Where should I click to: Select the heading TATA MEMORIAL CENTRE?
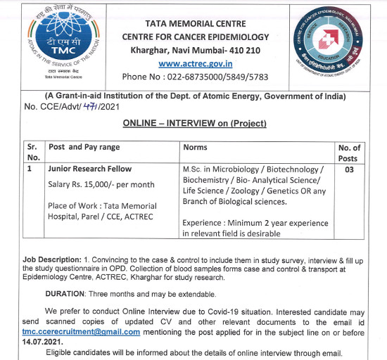pos(195,23)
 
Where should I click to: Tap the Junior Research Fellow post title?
pos(89,169)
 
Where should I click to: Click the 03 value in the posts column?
pos(349,169)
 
